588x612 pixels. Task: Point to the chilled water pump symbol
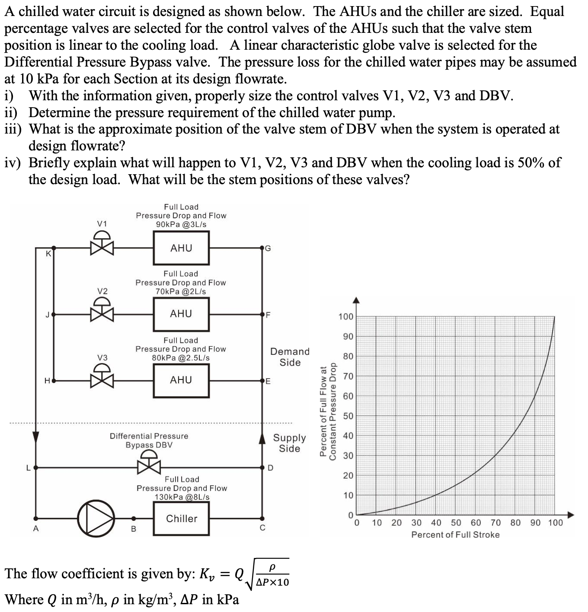coord(96,518)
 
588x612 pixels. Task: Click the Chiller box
coord(181,518)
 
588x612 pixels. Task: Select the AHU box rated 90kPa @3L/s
coord(181,248)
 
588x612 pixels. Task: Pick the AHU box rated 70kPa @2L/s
coord(181,314)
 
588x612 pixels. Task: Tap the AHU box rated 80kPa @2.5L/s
coord(181,380)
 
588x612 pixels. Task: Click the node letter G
coord(268,248)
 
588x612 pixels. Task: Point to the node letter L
coord(28,467)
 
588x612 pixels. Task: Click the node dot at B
coord(134,518)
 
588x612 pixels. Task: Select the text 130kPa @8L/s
coord(182,497)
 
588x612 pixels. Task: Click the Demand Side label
coord(290,357)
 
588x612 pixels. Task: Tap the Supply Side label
coord(289,443)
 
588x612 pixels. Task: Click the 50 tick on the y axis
coord(348,416)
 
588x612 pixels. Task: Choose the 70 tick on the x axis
coord(495,523)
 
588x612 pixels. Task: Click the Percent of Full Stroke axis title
coord(455,535)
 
